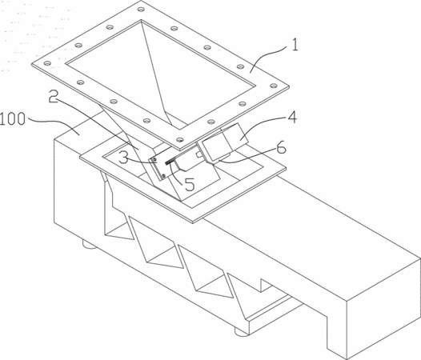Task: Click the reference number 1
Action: pos(295,45)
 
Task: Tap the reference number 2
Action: pos(53,96)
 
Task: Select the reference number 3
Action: pos(123,158)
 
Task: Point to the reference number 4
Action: pos(292,118)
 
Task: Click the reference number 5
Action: pos(190,185)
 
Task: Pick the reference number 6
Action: pos(281,148)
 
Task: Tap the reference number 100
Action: pos(13,119)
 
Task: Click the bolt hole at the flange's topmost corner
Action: pos(141,10)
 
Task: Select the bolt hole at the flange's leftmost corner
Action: pos(47,63)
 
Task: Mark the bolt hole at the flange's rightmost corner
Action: pos(273,86)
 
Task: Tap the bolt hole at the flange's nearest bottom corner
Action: pos(180,140)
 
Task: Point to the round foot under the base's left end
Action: pos(90,245)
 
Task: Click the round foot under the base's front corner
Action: pos(242,331)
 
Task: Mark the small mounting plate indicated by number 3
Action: pos(158,167)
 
